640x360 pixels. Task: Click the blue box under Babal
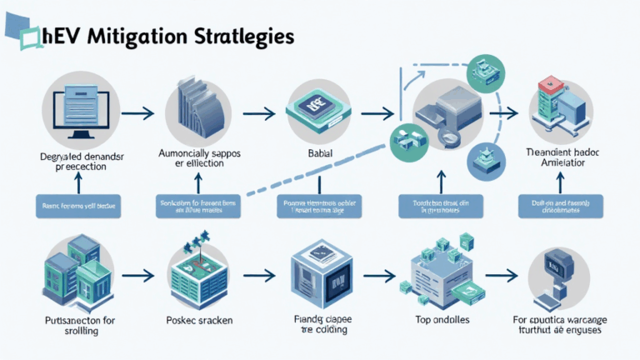tap(317, 206)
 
